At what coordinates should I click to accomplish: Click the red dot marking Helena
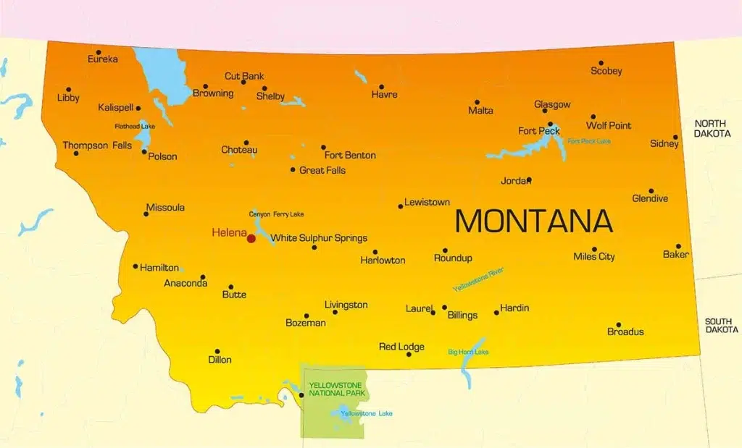(x=251, y=238)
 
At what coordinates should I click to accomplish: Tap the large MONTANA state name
(x=533, y=221)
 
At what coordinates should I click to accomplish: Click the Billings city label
(x=462, y=316)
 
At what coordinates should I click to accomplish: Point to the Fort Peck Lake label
(x=588, y=141)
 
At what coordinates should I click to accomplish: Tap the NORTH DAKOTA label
(x=712, y=129)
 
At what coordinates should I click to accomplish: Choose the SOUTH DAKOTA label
(x=722, y=325)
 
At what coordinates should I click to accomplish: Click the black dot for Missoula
(x=146, y=214)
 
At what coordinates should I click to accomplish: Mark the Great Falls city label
(x=322, y=171)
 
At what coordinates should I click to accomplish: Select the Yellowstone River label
(x=478, y=279)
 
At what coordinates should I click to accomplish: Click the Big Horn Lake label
(x=468, y=352)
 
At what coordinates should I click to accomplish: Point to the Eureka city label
(x=102, y=59)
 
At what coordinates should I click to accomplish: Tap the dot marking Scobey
(x=601, y=63)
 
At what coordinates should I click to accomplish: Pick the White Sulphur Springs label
(x=319, y=238)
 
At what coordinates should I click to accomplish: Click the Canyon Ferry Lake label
(x=276, y=214)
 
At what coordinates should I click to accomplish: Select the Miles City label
(x=593, y=257)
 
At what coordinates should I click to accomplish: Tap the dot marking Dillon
(x=217, y=351)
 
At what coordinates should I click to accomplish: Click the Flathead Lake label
(x=135, y=127)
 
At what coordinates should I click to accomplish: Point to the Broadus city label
(x=625, y=332)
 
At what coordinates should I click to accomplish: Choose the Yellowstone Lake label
(x=367, y=414)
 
